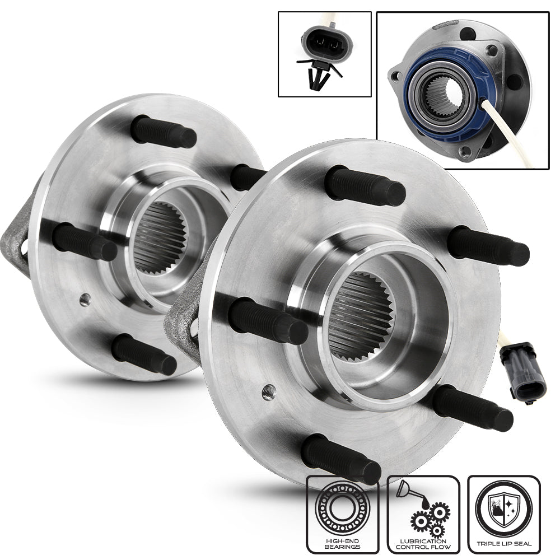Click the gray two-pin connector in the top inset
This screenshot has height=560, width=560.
coord(327,44)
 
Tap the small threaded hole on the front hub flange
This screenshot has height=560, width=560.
coord(269,393)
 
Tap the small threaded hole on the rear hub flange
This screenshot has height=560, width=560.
coord(85,300)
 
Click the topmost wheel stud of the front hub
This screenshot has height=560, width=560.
coord(365,186)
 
